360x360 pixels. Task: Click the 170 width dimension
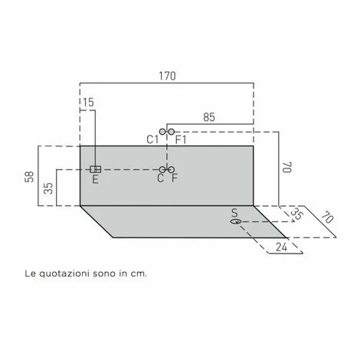167,76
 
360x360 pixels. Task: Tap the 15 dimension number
88,103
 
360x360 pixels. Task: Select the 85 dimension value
209,117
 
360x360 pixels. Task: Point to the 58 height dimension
30,177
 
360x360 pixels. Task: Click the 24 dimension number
282,247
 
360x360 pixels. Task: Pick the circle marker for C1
162,132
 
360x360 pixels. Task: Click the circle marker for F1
172,132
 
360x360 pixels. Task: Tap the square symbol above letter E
95,169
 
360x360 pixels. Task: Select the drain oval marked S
236,221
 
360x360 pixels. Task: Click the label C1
152,139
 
